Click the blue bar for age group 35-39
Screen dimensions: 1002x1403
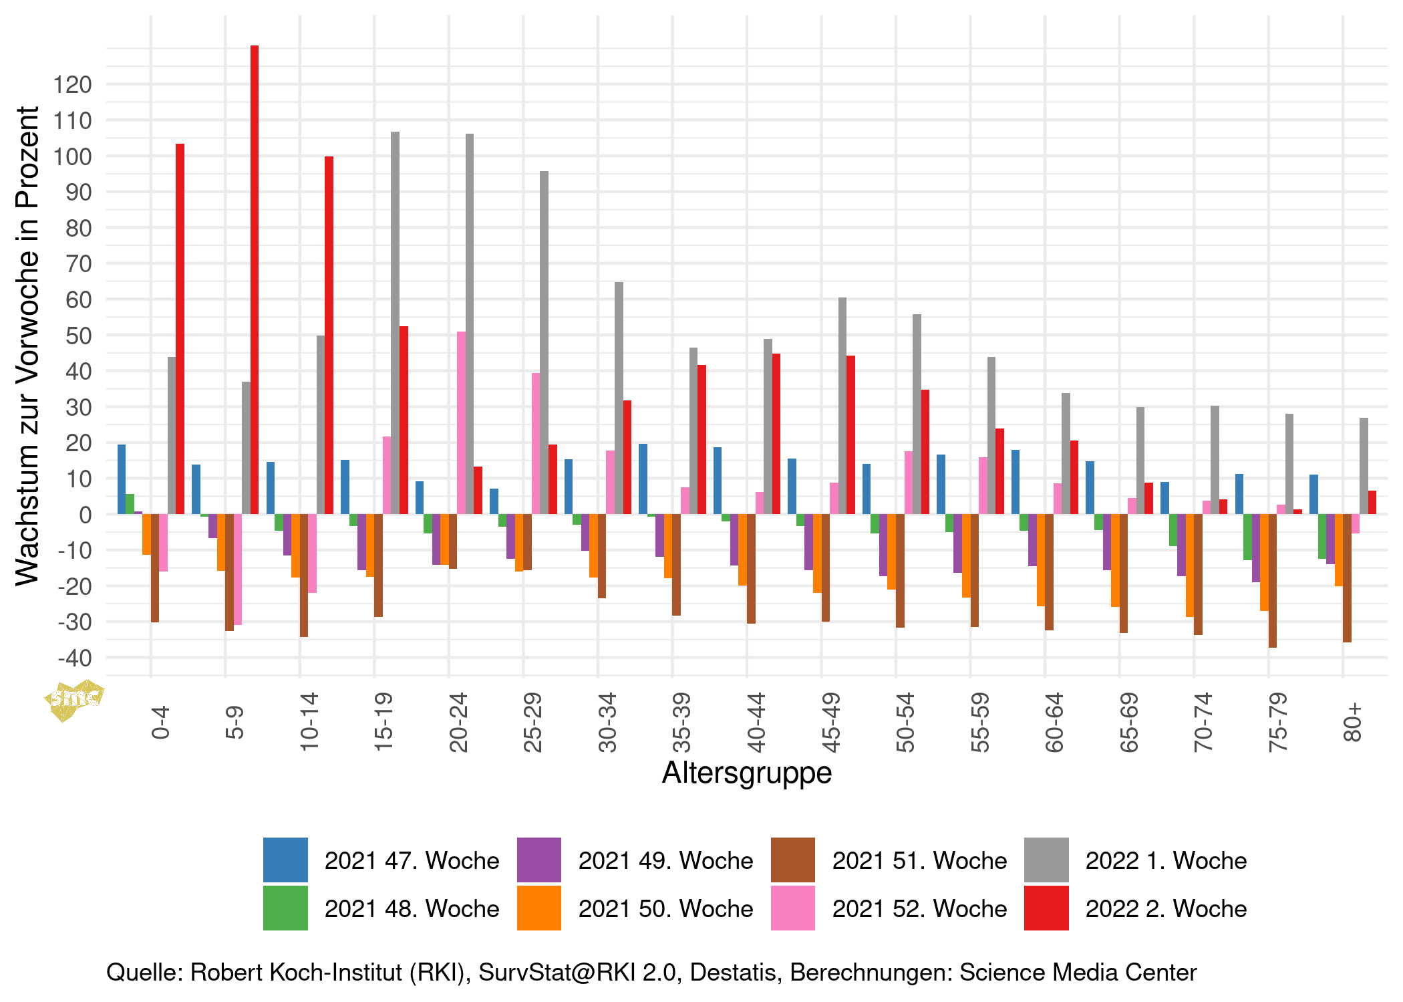pos(643,479)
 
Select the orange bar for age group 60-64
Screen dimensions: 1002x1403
pos(1041,559)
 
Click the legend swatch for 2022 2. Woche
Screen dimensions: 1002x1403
pos(1046,908)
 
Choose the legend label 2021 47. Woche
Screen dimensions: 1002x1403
pos(412,860)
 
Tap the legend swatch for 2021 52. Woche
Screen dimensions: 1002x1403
pos(792,908)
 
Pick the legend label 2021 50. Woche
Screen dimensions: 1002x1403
pos(665,908)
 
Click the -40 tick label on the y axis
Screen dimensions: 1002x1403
pos(74,658)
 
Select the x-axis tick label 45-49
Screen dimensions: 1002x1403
pos(830,723)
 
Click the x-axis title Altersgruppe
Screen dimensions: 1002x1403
pos(747,773)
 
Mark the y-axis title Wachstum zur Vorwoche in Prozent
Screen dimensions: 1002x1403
pos(27,346)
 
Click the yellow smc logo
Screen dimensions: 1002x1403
pos(74,700)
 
